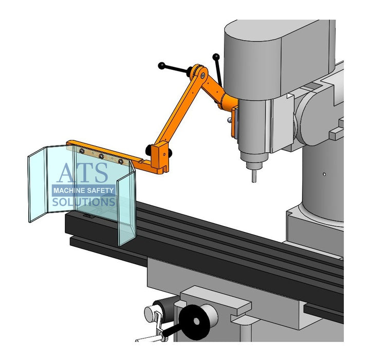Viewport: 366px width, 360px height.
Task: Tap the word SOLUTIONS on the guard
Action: point(84,202)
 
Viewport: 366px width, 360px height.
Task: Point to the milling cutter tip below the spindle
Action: point(253,175)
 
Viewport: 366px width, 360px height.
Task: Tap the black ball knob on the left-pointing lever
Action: point(162,65)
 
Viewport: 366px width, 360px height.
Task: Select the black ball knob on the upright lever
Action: point(216,57)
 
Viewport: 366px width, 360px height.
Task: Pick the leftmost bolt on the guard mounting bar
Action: point(82,151)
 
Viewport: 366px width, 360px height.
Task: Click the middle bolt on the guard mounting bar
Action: point(101,155)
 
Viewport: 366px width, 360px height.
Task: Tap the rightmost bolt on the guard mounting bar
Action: point(121,160)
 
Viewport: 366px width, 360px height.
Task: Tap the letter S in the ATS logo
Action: point(101,174)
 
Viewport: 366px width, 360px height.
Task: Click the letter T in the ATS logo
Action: point(84,174)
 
